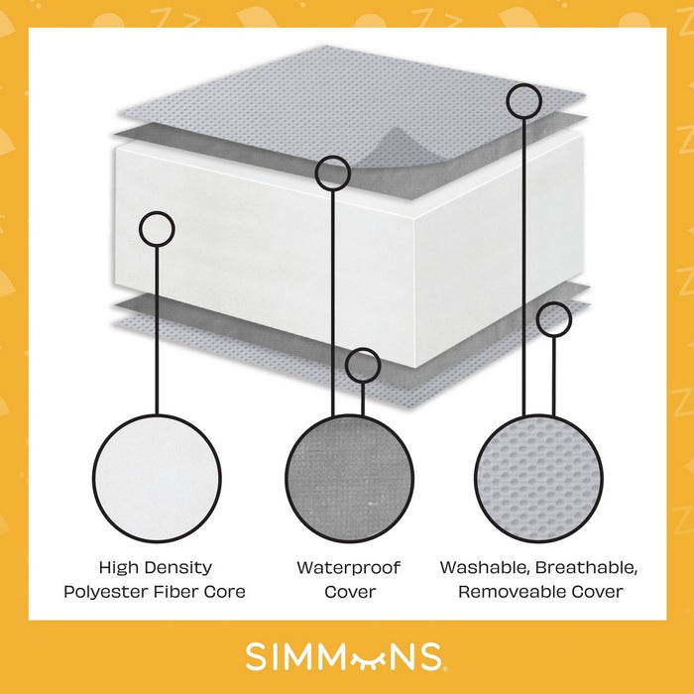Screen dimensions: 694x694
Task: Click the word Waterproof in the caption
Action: click(x=349, y=568)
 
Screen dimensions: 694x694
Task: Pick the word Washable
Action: click(x=485, y=568)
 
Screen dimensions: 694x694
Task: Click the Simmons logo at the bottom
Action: click(x=346, y=657)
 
